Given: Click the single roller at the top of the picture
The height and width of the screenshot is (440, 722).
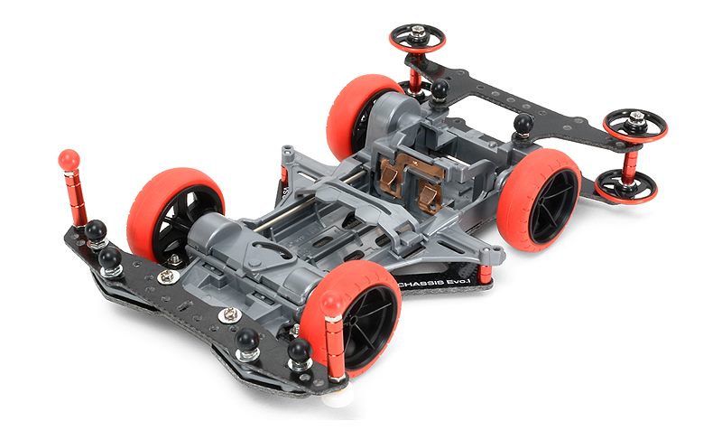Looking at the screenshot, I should point(417,38).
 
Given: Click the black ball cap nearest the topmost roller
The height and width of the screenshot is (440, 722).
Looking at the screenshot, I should point(440,89).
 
